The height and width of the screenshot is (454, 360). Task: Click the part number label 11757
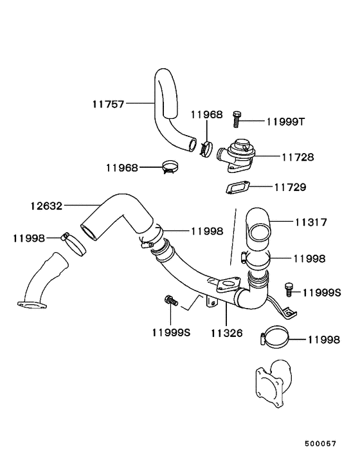[x=108, y=102]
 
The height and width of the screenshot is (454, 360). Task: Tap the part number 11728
[x=298, y=156]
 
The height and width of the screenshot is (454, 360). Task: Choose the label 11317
[x=311, y=222]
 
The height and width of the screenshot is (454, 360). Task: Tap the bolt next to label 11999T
[x=237, y=118]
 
